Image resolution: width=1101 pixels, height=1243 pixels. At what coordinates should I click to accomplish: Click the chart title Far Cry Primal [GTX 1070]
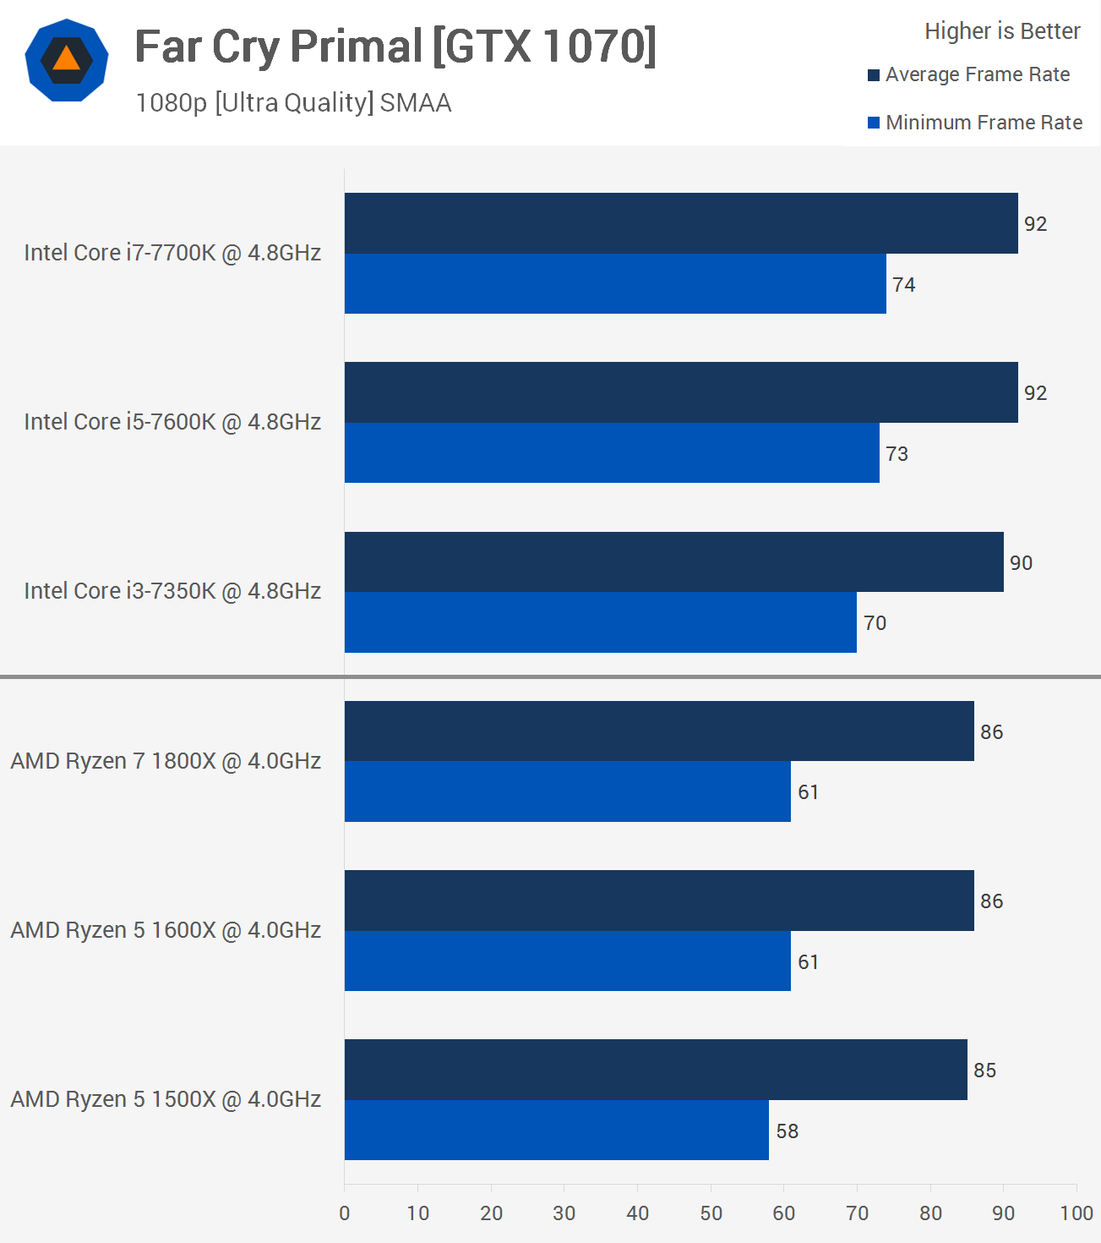pos(395,47)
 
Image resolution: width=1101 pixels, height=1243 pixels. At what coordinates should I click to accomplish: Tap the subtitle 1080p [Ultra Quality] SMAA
pos(293,103)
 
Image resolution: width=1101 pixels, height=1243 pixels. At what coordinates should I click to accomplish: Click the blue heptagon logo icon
pos(67,60)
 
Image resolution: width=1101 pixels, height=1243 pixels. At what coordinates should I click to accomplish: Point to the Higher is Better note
pos(1002,31)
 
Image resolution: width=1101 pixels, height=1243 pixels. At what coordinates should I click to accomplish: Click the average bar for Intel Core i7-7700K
pos(681,223)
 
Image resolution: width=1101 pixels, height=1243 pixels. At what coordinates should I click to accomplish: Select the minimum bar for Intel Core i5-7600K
pos(612,453)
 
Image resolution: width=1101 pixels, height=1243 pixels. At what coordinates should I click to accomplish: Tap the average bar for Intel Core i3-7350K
pos(673,562)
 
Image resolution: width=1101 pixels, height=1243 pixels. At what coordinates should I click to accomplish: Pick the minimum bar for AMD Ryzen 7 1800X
pos(568,791)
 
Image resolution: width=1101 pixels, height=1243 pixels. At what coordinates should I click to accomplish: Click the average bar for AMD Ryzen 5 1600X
pos(659,901)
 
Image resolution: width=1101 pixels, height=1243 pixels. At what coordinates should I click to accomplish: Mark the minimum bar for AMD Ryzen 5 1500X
pos(557,1131)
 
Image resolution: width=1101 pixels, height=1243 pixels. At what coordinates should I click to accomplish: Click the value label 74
pos(903,285)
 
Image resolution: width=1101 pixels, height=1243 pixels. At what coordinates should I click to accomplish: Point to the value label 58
pos(787,1131)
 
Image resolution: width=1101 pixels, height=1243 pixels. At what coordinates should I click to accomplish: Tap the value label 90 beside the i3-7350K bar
pos(1021,563)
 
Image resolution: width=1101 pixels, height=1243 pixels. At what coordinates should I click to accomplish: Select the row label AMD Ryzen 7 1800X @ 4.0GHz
pos(166,761)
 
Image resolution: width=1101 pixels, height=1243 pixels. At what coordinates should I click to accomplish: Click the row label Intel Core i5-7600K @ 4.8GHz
pos(172,422)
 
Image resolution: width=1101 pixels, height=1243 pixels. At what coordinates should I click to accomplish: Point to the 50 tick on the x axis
pos(711,1213)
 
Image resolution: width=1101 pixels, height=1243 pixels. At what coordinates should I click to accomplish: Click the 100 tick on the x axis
pos(1076,1213)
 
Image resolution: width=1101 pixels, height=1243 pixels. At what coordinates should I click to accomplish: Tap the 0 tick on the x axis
pos(345,1213)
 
